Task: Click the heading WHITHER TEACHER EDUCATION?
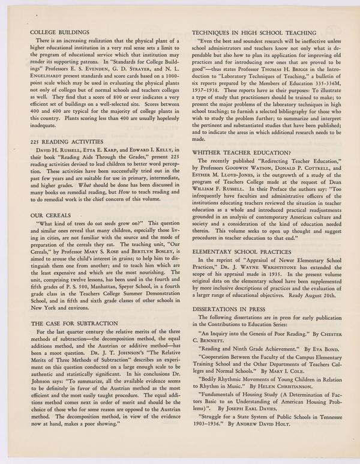(242, 152)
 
